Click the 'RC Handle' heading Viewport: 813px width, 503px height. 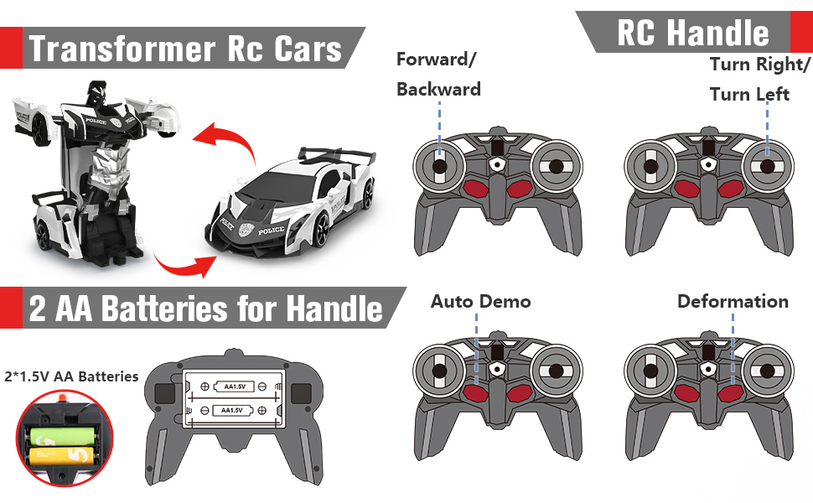click(692, 33)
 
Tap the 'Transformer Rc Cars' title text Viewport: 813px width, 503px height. click(185, 49)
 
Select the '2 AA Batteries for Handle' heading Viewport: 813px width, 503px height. click(205, 309)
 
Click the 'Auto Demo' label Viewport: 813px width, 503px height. click(481, 301)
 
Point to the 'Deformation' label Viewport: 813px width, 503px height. click(733, 301)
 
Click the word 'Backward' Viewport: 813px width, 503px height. click(438, 89)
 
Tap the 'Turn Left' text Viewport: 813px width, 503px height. click(749, 94)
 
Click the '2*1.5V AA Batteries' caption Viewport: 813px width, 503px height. click(71, 376)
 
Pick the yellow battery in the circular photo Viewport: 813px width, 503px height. click(63, 458)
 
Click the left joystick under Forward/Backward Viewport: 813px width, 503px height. click(440, 164)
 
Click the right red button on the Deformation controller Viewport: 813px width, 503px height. click(730, 392)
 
